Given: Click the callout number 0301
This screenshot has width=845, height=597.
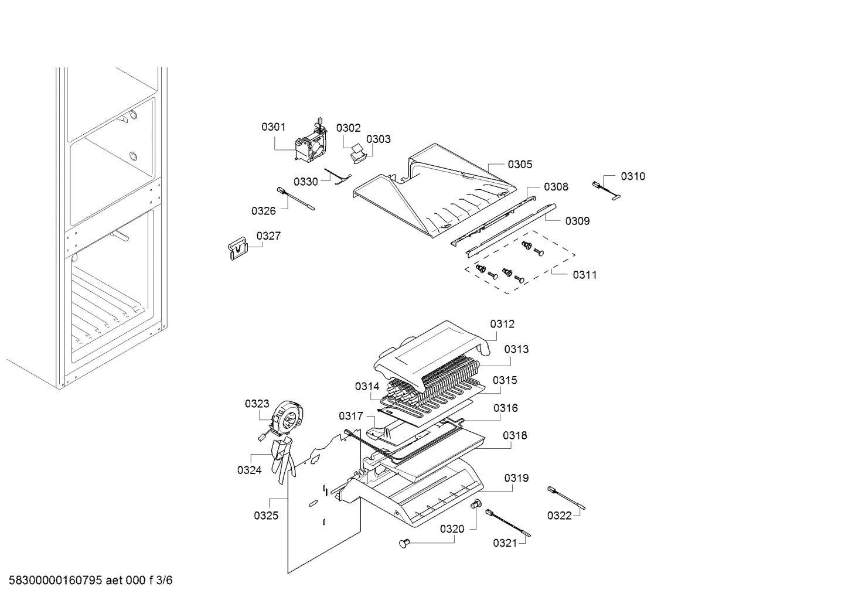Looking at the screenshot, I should tap(273, 127).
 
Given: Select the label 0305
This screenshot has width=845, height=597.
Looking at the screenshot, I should tap(520, 164).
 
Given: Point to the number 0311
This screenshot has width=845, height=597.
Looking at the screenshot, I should tap(584, 275).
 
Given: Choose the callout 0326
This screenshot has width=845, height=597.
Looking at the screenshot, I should tap(263, 210).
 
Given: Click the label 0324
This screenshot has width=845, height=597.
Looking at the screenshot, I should tap(249, 469).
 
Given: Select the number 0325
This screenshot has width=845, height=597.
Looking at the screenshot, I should tap(265, 516).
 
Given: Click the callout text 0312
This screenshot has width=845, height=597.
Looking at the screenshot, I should tap(502, 323).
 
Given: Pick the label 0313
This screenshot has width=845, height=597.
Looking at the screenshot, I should tap(516, 349).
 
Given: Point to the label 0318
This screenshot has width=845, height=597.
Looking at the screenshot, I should tap(515, 435).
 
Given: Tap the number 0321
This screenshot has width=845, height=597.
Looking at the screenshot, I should tap(505, 543).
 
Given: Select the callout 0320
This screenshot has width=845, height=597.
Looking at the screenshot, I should tap(452, 529).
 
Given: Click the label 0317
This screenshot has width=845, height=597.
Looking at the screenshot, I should tap(350, 416).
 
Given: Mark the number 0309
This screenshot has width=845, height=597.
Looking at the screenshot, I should tap(577, 221).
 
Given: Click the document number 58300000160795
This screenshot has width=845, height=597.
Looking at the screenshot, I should tap(52, 581).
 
